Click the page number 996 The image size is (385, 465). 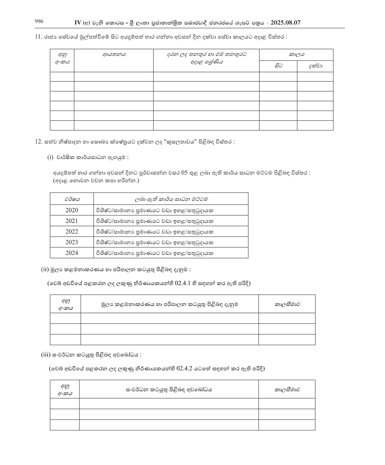[x=39, y=21]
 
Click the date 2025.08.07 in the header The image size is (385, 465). [x=285, y=23]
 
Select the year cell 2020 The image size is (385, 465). [x=72, y=210]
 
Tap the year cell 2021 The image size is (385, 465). [x=72, y=221]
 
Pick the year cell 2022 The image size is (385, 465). [x=72, y=232]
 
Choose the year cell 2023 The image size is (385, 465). [x=72, y=242]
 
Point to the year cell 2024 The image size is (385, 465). [x=72, y=253]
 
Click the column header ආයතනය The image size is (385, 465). [x=114, y=55]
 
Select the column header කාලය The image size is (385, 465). [x=296, y=55]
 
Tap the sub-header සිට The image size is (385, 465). [x=278, y=66]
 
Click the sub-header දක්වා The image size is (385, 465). [x=315, y=66]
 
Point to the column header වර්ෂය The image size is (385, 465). [x=72, y=199]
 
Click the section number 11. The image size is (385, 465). [x=38, y=37]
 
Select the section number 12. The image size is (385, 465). [x=38, y=141]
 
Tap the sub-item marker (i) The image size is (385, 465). [x=50, y=157]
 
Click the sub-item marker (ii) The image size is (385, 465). [x=45, y=269]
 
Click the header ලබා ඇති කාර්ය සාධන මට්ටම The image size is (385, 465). [x=171, y=199]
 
